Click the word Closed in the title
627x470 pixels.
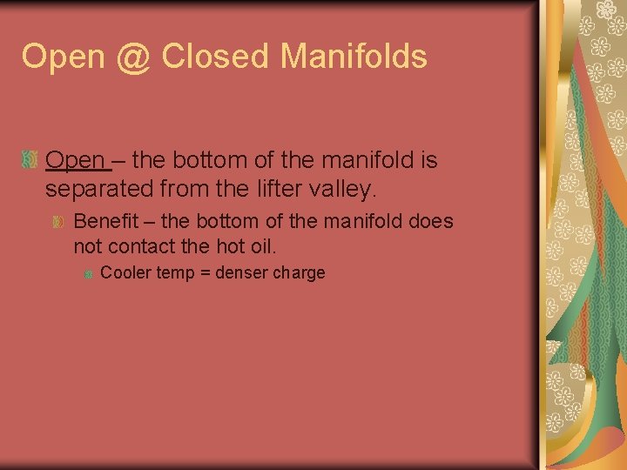pos(216,57)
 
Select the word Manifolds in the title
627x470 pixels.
pos(354,57)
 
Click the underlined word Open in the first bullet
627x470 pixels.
pos(75,161)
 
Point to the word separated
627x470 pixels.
pos(96,188)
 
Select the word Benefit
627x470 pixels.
pos(106,221)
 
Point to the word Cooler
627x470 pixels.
pos(126,272)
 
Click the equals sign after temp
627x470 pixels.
pos(205,273)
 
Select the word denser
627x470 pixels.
pos(241,272)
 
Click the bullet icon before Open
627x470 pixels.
pos(30,161)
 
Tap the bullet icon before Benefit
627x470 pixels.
pos(58,222)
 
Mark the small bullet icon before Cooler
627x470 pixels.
pos(88,273)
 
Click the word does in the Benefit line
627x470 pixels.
pos(431,221)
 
